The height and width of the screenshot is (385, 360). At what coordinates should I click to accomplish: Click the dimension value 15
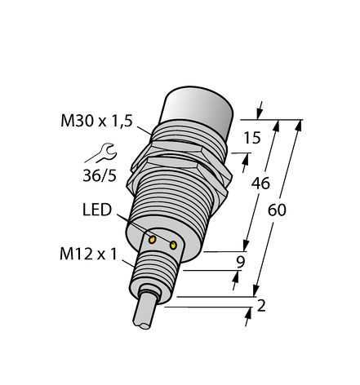[254, 139]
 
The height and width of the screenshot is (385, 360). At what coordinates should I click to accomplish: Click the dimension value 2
[260, 308]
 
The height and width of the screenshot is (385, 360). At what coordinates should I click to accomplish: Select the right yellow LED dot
[173, 243]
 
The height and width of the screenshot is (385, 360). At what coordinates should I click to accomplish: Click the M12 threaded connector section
[156, 269]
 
